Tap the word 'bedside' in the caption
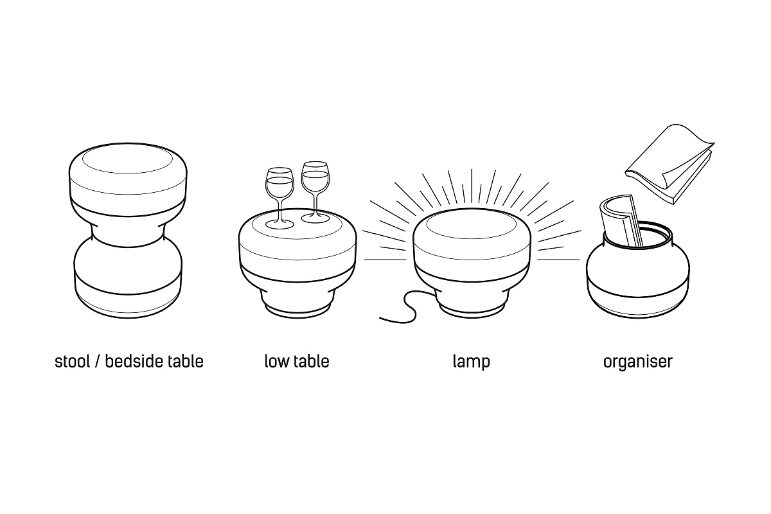tap(131, 361)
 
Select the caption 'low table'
tap(297, 361)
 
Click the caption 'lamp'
tap(471, 362)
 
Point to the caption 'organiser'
tap(638, 362)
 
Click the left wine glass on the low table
tap(279, 186)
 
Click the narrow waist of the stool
tap(128, 228)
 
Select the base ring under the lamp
tap(471, 311)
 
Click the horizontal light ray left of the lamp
tap(384, 259)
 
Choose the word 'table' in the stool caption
tap(186, 361)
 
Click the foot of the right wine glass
tap(314, 219)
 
